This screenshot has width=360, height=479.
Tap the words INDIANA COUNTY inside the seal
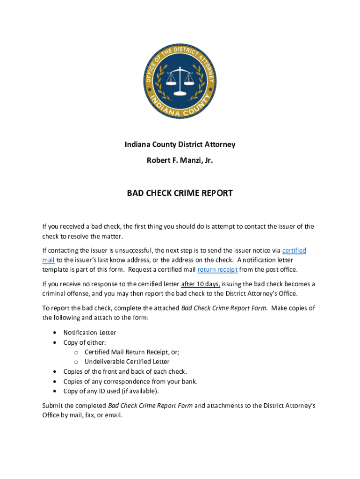[x=180, y=108]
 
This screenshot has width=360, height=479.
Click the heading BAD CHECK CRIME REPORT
[x=180, y=193]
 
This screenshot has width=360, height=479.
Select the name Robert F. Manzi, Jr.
[x=180, y=160]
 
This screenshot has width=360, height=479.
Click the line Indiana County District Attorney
[x=180, y=144]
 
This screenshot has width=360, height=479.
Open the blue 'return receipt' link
[x=217, y=269]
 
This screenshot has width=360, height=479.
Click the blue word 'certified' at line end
[x=294, y=251]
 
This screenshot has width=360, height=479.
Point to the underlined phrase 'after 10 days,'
[x=200, y=284]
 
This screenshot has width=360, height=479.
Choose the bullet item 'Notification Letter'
[x=90, y=333]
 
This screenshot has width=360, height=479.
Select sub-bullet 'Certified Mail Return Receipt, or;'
[x=132, y=352]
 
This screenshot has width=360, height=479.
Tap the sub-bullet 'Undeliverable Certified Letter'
[x=127, y=362]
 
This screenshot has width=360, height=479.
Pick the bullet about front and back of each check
[x=125, y=371]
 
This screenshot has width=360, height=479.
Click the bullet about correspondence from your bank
[x=130, y=381]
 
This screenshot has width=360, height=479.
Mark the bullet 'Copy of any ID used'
[x=111, y=391]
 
